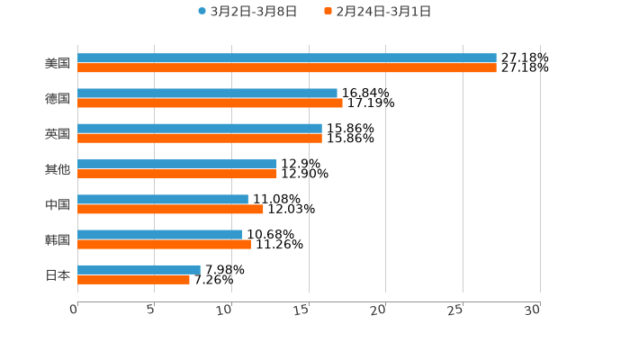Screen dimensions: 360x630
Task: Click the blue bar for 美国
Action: [x=286, y=58]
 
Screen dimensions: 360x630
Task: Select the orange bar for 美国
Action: [x=286, y=68]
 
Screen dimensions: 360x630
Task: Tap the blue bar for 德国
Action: [x=207, y=93]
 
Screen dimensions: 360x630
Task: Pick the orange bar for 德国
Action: [x=210, y=103]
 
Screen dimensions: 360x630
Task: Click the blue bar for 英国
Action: [x=199, y=128]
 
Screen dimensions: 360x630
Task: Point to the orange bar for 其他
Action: [x=176, y=174]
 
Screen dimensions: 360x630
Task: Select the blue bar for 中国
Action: [x=162, y=199]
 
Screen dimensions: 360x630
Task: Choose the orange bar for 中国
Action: [x=170, y=209]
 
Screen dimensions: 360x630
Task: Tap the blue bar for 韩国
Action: [x=159, y=234]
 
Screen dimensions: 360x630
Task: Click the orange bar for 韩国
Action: [x=164, y=244]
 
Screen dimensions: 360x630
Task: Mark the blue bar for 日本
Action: [x=139, y=269]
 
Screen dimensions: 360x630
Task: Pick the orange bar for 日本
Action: [x=133, y=279]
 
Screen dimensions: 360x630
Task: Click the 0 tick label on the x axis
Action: [x=75, y=310]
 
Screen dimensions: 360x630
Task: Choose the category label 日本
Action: [x=58, y=274]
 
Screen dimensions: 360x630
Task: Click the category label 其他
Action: [x=58, y=169]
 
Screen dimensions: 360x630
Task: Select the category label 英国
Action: [x=58, y=133]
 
